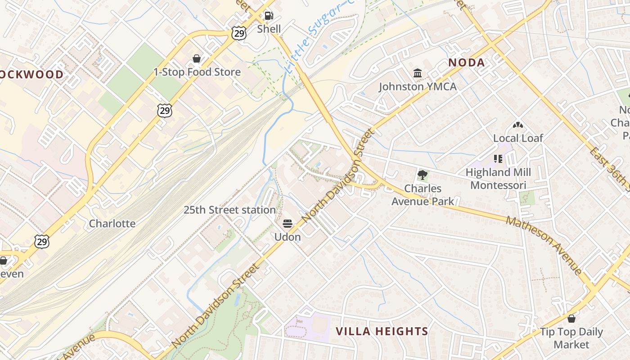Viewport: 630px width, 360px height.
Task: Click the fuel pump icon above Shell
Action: (x=269, y=16)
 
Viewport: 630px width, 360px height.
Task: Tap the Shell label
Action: (x=269, y=29)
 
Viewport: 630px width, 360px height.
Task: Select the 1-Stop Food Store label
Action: (x=197, y=72)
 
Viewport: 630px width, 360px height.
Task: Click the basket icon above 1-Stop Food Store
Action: (x=197, y=58)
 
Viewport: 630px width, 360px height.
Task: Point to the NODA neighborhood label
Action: (x=467, y=63)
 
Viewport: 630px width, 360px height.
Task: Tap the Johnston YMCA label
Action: (x=418, y=86)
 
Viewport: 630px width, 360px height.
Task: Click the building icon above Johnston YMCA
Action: (x=418, y=73)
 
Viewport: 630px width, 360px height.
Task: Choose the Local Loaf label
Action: (x=518, y=138)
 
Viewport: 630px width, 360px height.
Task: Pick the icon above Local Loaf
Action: (x=517, y=125)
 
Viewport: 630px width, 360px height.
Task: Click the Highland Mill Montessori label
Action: (x=498, y=179)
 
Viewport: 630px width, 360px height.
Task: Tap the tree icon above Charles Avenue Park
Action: (x=422, y=175)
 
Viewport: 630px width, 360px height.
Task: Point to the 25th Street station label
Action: (x=229, y=210)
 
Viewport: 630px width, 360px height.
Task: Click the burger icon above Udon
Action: (x=288, y=224)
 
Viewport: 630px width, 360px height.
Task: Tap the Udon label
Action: (x=288, y=237)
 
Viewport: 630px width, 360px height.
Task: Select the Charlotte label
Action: (x=112, y=224)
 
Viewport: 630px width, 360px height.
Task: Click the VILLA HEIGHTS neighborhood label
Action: (x=382, y=332)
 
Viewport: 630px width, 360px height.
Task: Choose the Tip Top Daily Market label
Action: (x=571, y=338)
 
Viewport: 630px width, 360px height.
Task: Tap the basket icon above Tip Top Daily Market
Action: (x=571, y=319)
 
